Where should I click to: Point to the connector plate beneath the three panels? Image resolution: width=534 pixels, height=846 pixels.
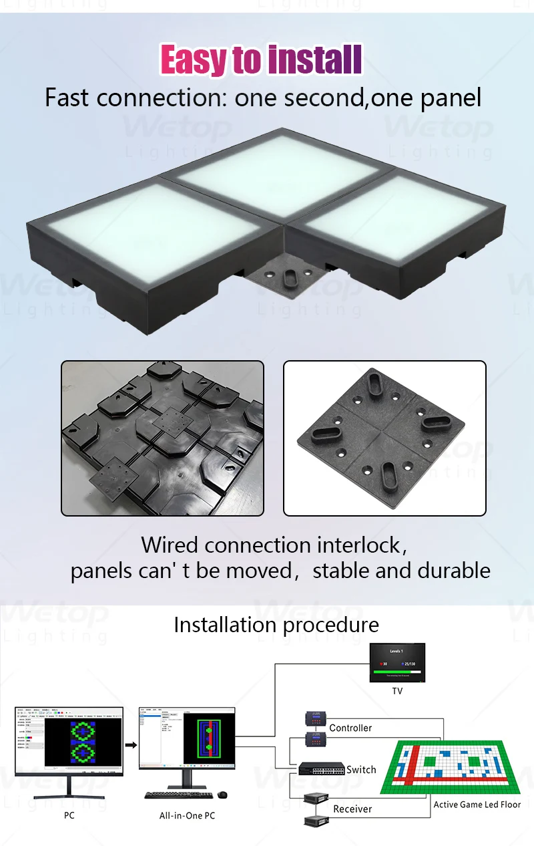click(290, 277)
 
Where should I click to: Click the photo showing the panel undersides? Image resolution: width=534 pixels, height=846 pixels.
click(162, 438)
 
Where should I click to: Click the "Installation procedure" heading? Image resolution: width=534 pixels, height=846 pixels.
click(276, 625)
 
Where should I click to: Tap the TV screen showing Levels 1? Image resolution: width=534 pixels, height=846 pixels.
click(397, 663)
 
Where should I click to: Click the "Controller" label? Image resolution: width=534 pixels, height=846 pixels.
click(350, 728)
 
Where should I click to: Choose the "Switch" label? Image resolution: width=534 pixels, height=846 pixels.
click(361, 770)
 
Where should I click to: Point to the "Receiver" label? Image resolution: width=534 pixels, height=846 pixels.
click(352, 809)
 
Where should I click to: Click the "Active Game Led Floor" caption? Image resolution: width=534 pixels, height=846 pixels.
click(477, 805)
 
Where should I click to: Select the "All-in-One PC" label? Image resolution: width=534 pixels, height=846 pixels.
click(187, 816)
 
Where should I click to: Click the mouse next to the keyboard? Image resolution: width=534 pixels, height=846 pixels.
click(222, 795)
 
